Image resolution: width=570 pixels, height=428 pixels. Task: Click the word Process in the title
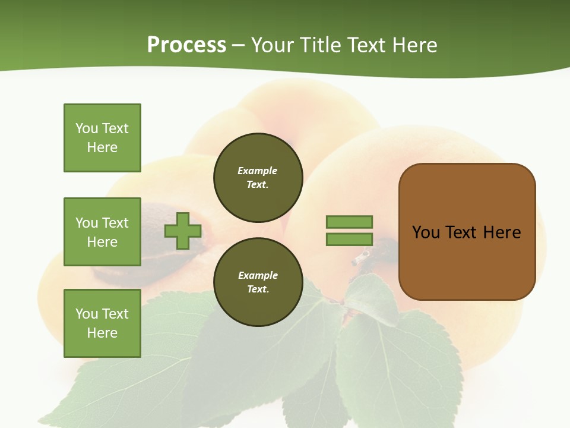(x=186, y=45)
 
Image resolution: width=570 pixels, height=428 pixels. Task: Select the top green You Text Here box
(x=102, y=138)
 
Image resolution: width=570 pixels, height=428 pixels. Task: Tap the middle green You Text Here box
(x=102, y=232)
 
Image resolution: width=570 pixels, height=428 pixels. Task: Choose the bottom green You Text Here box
(x=102, y=323)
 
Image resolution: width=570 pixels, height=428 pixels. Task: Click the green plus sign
(x=183, y=231)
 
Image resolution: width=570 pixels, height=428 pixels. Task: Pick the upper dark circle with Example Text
(x=258, y=178)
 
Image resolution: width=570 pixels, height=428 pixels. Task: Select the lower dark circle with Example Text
(x=258, y=282)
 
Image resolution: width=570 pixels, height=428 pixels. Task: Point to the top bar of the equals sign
(x=349, y=222)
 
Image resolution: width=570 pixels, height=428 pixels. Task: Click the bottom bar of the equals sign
(x=349, y=240)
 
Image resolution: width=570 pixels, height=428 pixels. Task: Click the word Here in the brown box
(x=502, y=232)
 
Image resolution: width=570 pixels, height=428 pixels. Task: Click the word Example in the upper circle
(x=258, y=171)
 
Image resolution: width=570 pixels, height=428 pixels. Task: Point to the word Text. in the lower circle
(x=258, y=289)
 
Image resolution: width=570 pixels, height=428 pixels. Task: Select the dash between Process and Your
(x=239, y=45)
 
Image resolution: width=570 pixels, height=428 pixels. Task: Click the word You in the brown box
(x=426, y=232)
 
